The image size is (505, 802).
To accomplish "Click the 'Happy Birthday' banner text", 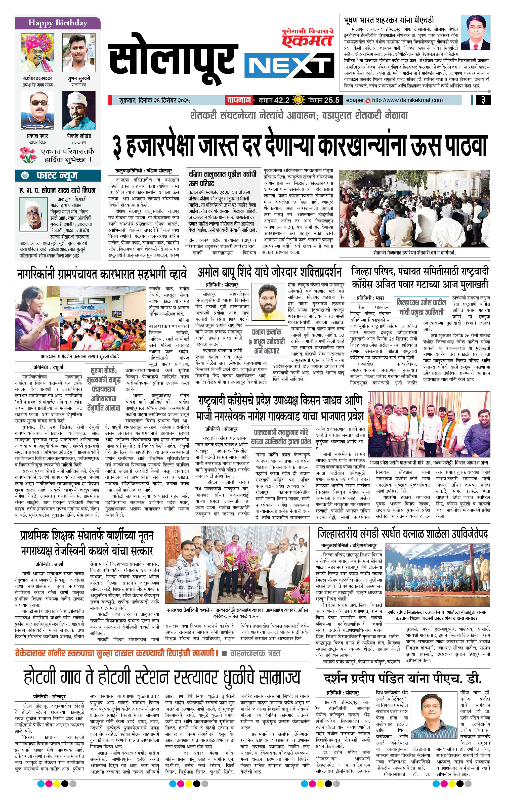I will point(58,23).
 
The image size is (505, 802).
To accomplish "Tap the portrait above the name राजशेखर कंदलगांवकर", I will point(37,53).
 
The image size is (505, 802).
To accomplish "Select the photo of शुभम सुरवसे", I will point(79,53).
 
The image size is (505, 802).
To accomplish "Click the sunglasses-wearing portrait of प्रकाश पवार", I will point(37,110).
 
